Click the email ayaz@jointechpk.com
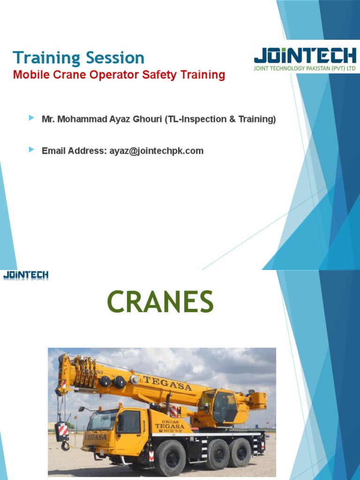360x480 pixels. [x=156, y=151]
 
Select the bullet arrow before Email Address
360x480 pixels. [x=31, y=150]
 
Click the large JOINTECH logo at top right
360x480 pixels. [x=305, y=56]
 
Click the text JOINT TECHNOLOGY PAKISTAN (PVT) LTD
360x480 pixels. [x=305, y=68]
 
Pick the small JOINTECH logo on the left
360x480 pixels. [x=26, y=275]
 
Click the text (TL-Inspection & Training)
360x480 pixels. [x=220, y=120]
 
